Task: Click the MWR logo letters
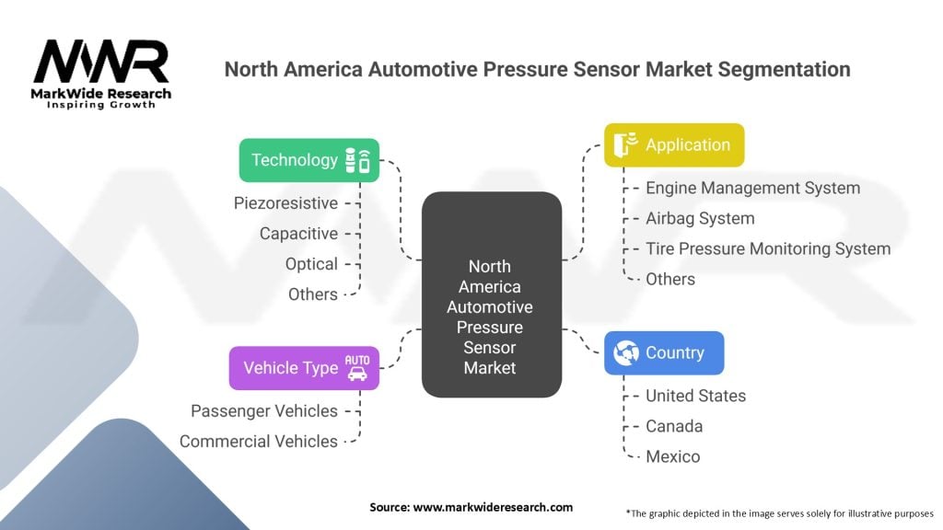(x=101, y=62)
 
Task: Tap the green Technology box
(x=309, y=160)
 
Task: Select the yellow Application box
(x=674, y=144)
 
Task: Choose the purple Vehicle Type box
(x=304, y=368)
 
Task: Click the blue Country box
(x=664, y=352)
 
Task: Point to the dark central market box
(x=492, y=294)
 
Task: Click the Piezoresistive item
(x=285, y=203)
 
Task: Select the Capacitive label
(x=298, y=233)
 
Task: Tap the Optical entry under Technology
(x=311, y=264)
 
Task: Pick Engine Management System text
(x=753, y=188)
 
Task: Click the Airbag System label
(x=700, y=218)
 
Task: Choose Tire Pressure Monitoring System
(x=768, y=248)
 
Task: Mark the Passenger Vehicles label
(x=264, y=411)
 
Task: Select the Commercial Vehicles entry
(x=259, y=441)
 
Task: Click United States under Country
(x=696, y=396)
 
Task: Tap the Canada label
(x=674, y=426)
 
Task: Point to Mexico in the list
(x=673, y=456)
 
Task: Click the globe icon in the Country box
(x=626, y=352)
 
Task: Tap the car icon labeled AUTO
(x=357, y=368)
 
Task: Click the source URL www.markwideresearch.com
(x=493, y=507)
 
